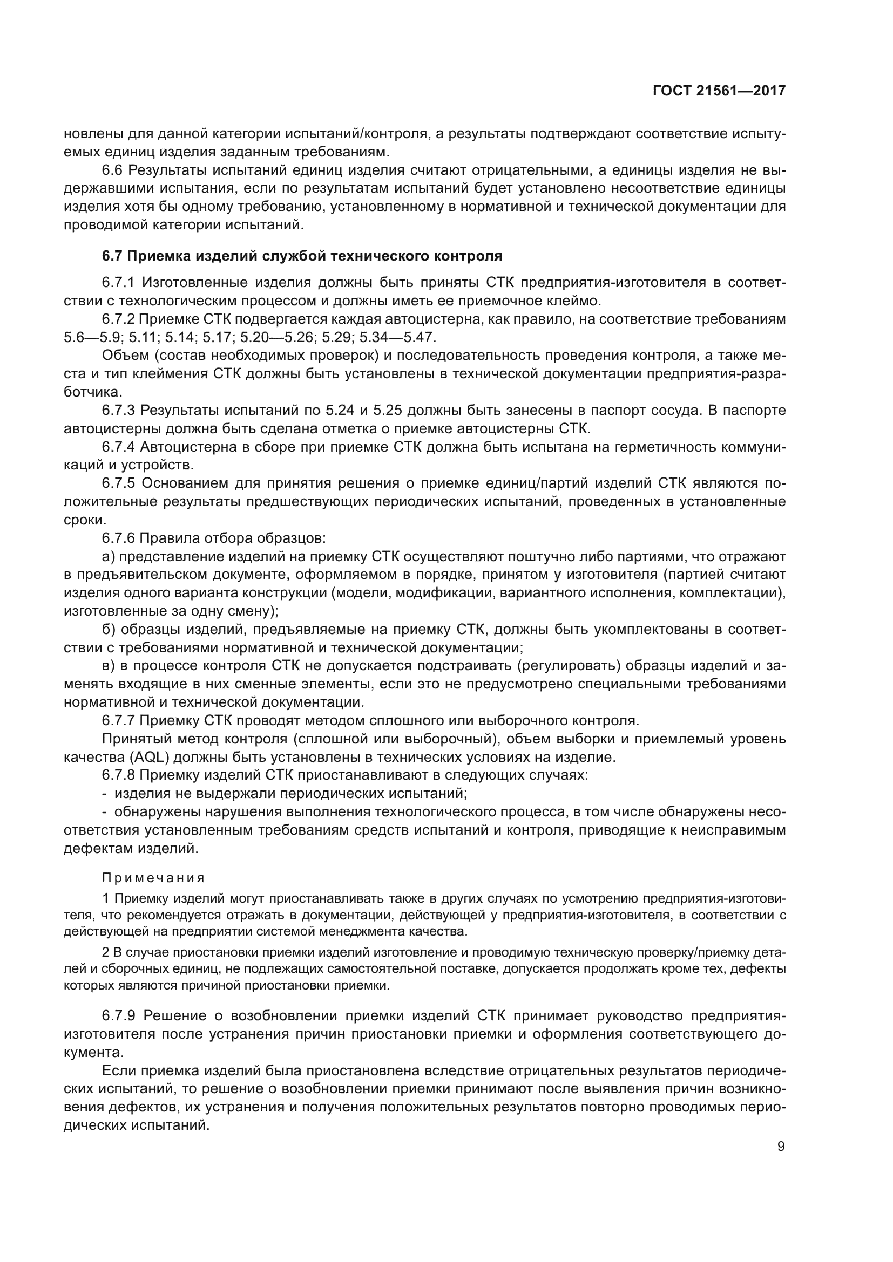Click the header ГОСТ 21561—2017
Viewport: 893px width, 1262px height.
[719, 91]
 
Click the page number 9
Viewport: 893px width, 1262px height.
[781, 1146]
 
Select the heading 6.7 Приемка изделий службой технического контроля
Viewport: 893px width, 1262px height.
[302, 256]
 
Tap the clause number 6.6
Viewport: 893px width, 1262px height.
[113, 170]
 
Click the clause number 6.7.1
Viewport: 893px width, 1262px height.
[118, 283]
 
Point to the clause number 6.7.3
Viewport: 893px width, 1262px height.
[118, 411]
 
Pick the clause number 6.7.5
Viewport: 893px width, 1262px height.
[118, 483]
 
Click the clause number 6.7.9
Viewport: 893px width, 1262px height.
[118, 1016]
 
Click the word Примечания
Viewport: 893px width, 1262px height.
[153, 878]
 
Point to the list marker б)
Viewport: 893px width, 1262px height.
[109, 629]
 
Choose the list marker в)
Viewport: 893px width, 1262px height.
[109, 666]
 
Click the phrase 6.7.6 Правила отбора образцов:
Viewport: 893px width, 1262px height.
[214, 538]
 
